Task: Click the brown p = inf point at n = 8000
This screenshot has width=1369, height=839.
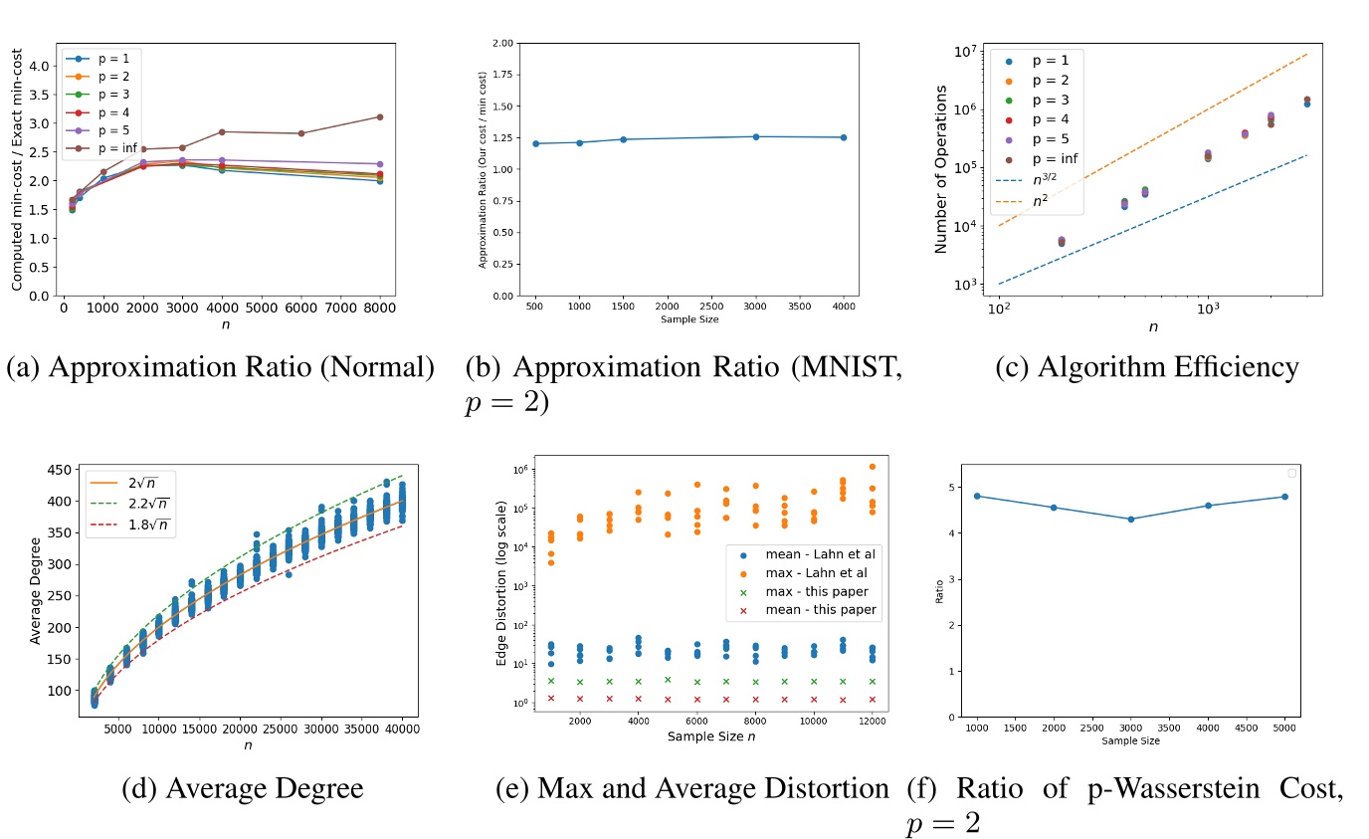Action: pyautogui.click(x=379, y=116)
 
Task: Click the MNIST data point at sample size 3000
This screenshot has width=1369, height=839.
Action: pyautogui.click(x=755, y=136)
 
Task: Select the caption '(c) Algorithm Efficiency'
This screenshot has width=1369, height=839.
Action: pyautogui.click(x=1147, y=367)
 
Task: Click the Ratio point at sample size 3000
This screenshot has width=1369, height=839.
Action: pyautogui.click(x=1130, y=519)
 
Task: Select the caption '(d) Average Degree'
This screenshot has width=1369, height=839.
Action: pyautogui.click(x=242, y=788)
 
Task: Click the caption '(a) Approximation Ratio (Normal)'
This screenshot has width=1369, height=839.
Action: pyautogui.click(x=221, y=367)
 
